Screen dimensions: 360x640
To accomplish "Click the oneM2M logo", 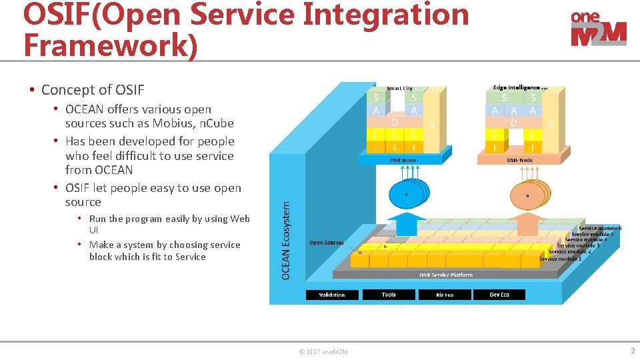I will [598, 29].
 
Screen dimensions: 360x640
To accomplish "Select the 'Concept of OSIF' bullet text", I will [93, 89].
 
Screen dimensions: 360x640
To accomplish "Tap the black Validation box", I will [332, 295].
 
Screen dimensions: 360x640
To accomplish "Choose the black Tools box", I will [389, 295].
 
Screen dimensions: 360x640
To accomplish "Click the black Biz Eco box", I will [444, 295].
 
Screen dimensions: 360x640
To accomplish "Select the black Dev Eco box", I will [499, 295].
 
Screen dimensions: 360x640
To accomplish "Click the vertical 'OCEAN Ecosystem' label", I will [286, 241].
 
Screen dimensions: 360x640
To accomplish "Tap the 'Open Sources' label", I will [327, 243].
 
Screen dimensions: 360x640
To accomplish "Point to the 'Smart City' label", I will [399, 88].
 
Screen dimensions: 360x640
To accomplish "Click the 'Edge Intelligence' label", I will [520, 87].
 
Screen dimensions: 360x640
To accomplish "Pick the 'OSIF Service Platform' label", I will [446, 275].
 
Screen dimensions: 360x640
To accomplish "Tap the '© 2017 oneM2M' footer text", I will [323, 352].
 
